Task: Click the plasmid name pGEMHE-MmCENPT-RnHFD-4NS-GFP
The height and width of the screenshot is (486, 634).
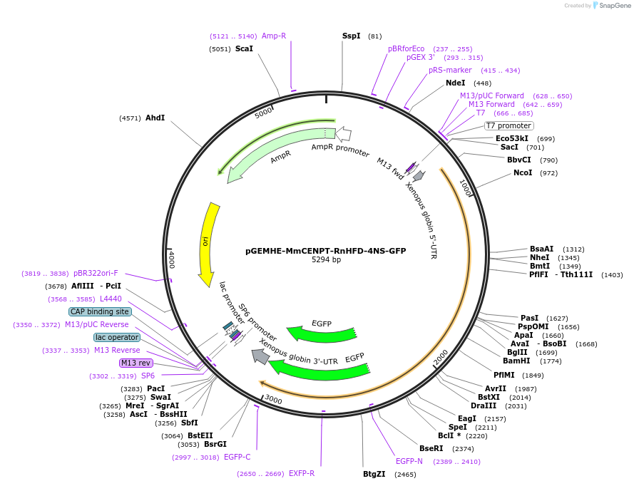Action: (x=326, y=251)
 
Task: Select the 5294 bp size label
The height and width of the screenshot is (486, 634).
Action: (x=326, y=260)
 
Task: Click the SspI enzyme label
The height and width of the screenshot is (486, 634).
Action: (x=351, y=36)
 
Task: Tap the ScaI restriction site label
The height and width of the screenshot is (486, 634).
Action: (x=244, y=49)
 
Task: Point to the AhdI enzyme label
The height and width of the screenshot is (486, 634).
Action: (x=155, y=118)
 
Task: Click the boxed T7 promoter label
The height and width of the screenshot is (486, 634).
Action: (x=508, y=125)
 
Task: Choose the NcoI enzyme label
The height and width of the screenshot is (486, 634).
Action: (x=523, y=172)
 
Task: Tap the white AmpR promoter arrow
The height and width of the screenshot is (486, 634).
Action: (x=343, y=134)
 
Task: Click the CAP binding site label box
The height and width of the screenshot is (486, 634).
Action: (x=100, y=311)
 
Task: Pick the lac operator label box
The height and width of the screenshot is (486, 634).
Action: (x=117, y=337)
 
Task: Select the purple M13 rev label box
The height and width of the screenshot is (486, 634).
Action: (x=136, y=363)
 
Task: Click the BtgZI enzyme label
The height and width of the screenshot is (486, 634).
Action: (x=374, y=474)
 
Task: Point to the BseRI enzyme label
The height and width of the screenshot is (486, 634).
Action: (x=431, y=448)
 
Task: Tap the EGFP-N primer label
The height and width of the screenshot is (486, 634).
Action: (x=409, y=461)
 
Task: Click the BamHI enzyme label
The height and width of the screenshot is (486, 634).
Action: (x=516, y=361)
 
